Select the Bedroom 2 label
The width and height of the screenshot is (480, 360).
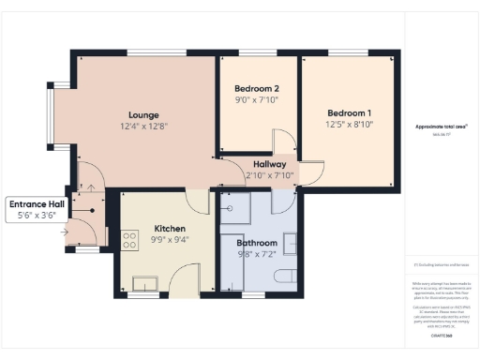(x=257, y=88)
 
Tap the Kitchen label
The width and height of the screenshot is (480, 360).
(x=169, y=229)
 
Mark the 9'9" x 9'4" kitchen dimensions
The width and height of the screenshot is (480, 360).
(x=169, y=240)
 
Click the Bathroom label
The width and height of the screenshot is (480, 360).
(x=256, y=242)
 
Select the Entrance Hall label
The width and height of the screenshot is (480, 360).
(x=37, y=204)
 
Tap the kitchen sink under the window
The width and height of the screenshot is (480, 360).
(x=147, y=282)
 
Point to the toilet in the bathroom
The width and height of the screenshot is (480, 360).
(x=286, y=278)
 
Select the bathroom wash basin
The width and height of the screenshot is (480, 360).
(x=293, y=243)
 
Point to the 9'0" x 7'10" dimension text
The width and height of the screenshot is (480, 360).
(x=257, y=99)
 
